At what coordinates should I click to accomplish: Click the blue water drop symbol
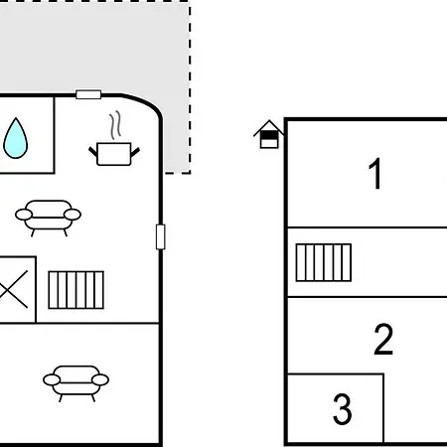pyautogui.click(x=15, y=138)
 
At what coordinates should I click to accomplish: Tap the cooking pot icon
pyautogui.click(x=114, y=154)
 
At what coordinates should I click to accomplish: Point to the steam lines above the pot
pyautogui.click(x=115, y=125)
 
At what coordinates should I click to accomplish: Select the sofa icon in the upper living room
pyautogui.click(x=48, y=217)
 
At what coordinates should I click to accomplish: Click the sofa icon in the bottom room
pyautogui.click(x=75, y=382)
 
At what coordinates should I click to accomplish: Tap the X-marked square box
pyautogui.click(x=17, y=289)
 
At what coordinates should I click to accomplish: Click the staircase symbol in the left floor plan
pyautogui.click(x=76, y=290)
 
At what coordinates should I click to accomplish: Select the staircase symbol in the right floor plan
pyautogui.click(x=324, y=262)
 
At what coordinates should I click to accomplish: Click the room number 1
pyautogui.click(x=375, y=174)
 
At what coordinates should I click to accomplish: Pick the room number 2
pyautogui.click(x=383, y=340)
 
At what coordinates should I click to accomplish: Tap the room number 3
pyautogui.click(x=342, y=408)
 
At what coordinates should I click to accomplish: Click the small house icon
pyautogui.click(x=269, y=134)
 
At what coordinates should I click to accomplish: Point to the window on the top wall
pyautogui.click(x=88, y=94)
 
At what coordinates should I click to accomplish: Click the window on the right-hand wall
pyautogui.click(x=161, y=236)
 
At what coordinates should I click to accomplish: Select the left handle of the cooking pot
pyautogui.click(x=93, y=152)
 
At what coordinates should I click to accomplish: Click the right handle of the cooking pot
pyautogui.click(x=135, y=152)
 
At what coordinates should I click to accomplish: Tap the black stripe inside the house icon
pyautogui.click(x=269, y=135)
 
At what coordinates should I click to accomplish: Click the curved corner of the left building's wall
pyautogui.click(x=146, y=102)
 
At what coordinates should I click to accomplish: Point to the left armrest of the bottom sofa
pyautogui.click(x=52, y=380)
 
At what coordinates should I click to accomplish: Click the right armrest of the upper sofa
pyautogui.click(x=73, y=215)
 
